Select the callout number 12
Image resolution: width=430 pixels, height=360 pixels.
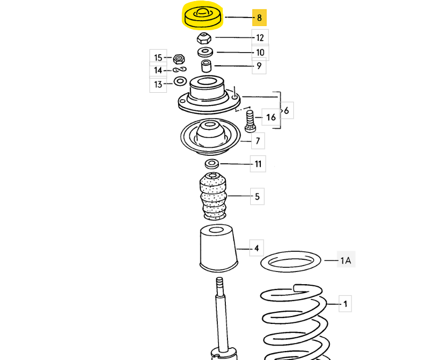tap(260, 37)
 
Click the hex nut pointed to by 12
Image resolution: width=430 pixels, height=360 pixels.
tap(204, 38)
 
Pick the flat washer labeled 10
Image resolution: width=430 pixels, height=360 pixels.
tap(205, 52)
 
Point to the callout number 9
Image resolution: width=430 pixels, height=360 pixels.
tap(259, 66)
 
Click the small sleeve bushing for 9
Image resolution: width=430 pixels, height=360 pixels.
tap(206, 66)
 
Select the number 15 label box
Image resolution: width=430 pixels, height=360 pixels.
tap(158, 57)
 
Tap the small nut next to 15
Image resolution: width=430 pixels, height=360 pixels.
tap(179, 57)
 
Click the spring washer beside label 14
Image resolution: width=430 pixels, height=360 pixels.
tap(179, 70)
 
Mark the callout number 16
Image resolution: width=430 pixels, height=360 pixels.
tap(270, 117)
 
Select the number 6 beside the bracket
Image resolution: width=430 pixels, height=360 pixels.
tap(287, 111)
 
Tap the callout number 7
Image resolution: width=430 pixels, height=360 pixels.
tap(258, 141)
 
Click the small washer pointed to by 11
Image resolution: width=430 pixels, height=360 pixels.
tap(212, 163)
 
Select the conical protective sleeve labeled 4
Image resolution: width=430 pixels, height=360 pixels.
tap(217, 248)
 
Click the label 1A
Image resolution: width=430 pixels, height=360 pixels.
tap(346, 260)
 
